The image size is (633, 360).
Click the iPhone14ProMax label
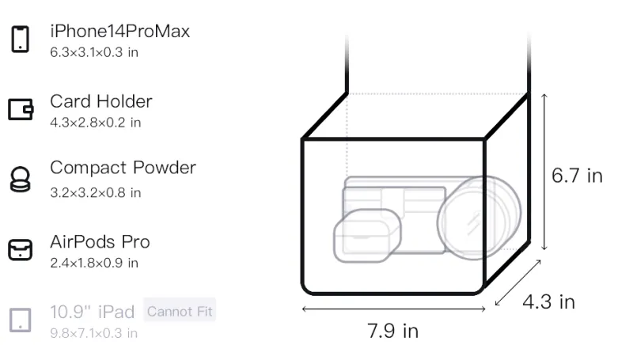coord(120,31)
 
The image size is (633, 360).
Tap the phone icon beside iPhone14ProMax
coord(21,39)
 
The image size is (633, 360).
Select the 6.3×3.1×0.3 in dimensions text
coord(94,52)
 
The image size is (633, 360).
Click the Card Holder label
coord(101,101)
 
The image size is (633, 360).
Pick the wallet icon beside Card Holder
coord(21,109)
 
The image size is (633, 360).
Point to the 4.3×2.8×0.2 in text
coord(95,123)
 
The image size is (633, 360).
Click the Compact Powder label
coord(123,168)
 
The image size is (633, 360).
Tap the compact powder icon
coord(21,179)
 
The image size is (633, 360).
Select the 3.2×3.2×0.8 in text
coord(95,193)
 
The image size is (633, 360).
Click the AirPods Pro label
coord(100,242)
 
